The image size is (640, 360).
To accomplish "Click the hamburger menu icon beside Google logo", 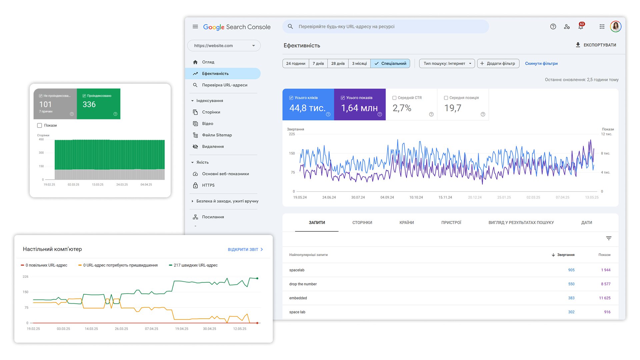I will point(195,27).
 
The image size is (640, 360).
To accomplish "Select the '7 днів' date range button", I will point(318,63).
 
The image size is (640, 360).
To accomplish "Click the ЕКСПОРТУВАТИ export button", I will point(596,45).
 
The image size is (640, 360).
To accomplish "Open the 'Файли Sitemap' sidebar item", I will point(217,135).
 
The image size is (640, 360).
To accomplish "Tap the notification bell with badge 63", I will point(581,27).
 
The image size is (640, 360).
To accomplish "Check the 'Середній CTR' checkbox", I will point(394,98).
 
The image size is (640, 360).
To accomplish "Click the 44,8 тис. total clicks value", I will point(307,108).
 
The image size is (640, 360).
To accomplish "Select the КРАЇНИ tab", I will point(406,223).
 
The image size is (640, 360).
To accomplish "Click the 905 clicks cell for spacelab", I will point(571,270).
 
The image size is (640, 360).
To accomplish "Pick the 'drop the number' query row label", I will point(303,284).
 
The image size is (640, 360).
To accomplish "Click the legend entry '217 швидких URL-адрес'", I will point(195,265).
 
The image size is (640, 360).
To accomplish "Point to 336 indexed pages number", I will point(89,104).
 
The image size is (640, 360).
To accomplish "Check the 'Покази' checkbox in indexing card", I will point(40,125).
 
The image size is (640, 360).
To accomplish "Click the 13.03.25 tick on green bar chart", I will point(98,184).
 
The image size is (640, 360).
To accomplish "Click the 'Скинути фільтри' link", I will point(541,63).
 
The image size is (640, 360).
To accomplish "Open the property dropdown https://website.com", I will point(224,46).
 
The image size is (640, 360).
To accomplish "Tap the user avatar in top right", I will point(615,27).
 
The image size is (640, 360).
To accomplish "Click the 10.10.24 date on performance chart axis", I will point(416,197).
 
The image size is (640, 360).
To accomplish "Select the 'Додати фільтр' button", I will point(498,63).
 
